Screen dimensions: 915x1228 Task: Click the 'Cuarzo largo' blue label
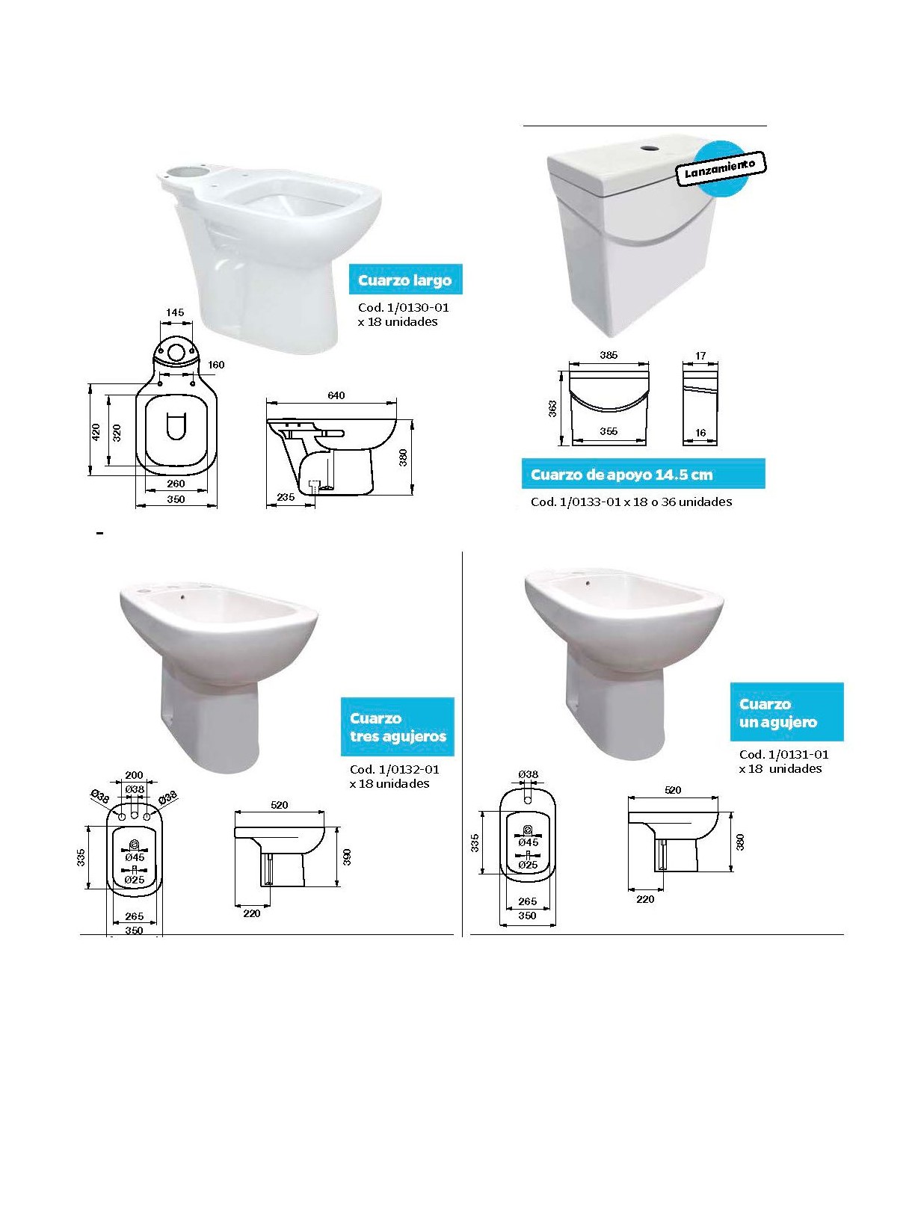[x=405, y=279]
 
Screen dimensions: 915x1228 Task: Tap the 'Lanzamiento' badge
[x=719, y=167]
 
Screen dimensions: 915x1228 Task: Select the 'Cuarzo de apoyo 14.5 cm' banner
[x=643, y=474]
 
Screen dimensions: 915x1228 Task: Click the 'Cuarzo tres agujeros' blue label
[x=397, y=727]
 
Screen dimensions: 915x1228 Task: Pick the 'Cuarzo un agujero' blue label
[x=786, y=712]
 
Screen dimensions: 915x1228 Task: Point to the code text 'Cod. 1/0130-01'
[x=403, y=307]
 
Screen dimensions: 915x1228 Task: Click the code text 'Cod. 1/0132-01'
[x=395, y=769]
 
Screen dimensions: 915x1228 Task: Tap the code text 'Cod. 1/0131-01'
[x=783, y=754]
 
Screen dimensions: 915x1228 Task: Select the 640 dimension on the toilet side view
[x=336, y=395]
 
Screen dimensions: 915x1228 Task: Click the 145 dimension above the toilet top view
[x=175, y=312]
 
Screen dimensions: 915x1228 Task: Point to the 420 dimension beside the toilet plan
[x=96, y=432]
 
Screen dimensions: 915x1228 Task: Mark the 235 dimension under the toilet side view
[x=286, y=496]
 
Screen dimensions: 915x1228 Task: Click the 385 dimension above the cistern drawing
[x=609, y=355]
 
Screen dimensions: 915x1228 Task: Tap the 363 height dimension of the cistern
[x=552, y=409]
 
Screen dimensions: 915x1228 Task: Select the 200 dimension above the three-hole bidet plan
[x=134, y=775]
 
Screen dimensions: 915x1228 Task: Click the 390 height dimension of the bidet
[x=348, y=857]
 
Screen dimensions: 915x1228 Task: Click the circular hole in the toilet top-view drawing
[x=176, y=352]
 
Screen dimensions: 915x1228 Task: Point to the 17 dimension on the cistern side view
[x=700, y=356]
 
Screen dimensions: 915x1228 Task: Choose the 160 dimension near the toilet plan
[x=216, y=364]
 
